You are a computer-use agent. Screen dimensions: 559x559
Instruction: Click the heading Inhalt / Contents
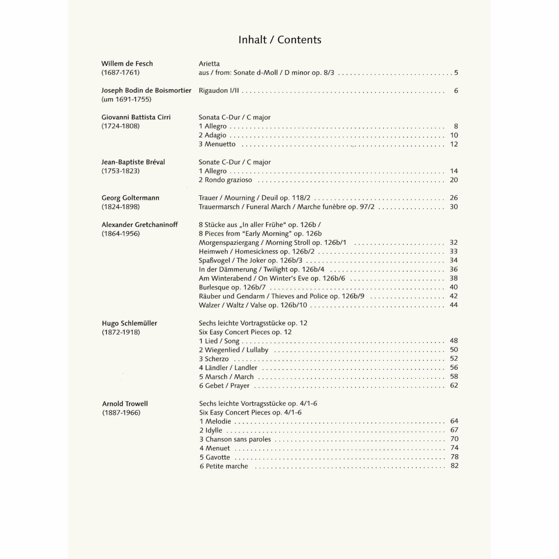pyautogui.click(x=279, y=40)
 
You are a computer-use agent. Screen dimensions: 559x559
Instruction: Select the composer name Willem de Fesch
pyautogui.click(x=127, y=63)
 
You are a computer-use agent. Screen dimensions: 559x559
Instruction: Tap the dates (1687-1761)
pyautogui.click(x=121, y=72)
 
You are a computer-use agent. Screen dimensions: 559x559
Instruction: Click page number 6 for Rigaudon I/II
pyautogui.click(x=456, y=91)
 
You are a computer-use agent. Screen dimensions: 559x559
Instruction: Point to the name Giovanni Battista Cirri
pyautogui.click(x=136, y=117)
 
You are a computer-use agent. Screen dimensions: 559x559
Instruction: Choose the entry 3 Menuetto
pyautogui.click(x=217, y=144)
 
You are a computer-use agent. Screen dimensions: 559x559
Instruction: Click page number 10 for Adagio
pyautogui.click(x=454, y=135)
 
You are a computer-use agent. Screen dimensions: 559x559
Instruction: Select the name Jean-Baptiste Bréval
pyautogui.click(x=133, y=162)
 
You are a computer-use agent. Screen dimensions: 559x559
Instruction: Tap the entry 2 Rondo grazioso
pyautogui.click(x=225, y=180)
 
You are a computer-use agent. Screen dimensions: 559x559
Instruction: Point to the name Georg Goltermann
pyautogui.click(x=130, y=198)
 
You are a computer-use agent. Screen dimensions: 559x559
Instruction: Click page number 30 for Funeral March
pyautogui.click(x=454, y=207)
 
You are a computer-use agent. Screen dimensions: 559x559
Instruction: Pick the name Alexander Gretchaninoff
pyautogui.click(x=139, y=225)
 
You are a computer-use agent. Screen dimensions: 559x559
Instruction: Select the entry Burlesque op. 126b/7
pyautogui.click(x=232, y=287)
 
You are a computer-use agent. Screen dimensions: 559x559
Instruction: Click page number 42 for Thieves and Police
pyautogui.click(x=454, y=296)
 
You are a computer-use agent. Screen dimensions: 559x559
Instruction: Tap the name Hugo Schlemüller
pyautogui.click(x=129, y=323)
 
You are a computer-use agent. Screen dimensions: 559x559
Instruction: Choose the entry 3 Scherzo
pyautogui.click(x=214, y=359)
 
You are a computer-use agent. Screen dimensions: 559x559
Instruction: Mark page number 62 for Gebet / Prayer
pyautogui.click(x=454, y=385)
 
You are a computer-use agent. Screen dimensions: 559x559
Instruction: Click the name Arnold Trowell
pyautogui.click(x=125, y=404)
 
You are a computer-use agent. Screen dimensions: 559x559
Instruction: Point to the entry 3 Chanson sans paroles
pyautogui.click(x=235, y=439)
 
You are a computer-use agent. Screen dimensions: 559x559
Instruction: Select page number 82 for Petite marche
pyautogui.click(x=454, y=466)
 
